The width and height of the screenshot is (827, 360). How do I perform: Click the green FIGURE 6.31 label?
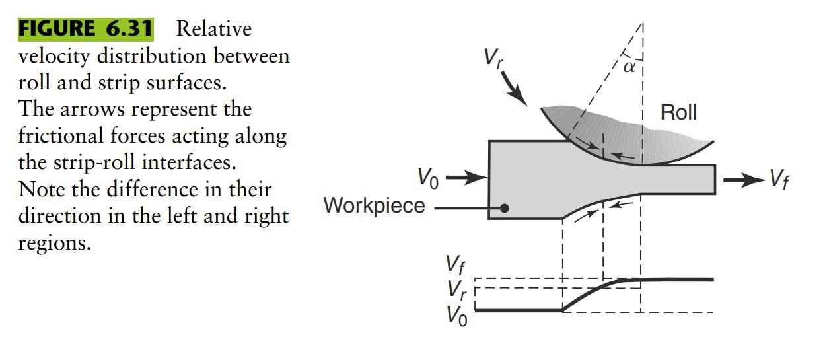(x=85, y=29)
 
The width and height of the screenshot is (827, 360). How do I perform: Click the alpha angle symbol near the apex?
(x=629, y=66)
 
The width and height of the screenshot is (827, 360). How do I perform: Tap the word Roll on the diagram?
(x=678, y=113)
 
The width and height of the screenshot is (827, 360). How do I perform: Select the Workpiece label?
(x=374, y=205)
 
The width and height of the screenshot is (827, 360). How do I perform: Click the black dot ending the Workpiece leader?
(x=504, y=207)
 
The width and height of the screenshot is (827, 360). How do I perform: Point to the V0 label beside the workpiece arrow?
(x=429, y=178)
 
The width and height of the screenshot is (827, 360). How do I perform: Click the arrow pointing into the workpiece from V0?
(x=466, y=178)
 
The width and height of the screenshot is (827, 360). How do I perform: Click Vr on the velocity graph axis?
(x=455, y=289)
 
